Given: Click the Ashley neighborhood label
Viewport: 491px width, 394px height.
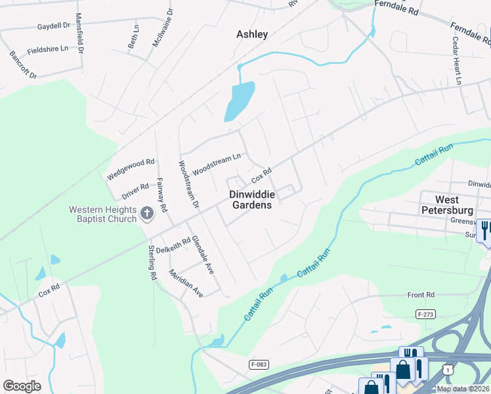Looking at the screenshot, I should tap(252, 34).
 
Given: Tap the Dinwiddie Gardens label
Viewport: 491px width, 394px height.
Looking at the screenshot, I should tap(251, 200).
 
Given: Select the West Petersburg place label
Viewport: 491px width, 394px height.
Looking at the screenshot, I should tap(455, 204).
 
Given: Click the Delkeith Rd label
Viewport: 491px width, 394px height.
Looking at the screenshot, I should tap(173, 244).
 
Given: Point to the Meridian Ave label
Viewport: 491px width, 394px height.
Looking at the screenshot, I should tap(186, 283).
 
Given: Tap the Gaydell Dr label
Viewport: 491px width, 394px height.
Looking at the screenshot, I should tap(54, 27).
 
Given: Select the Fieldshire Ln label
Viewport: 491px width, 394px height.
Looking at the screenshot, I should tap(47, 50).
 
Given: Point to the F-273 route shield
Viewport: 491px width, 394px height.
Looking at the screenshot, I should tap(426, 315).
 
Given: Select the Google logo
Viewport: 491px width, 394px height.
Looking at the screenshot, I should tap(22, 386).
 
